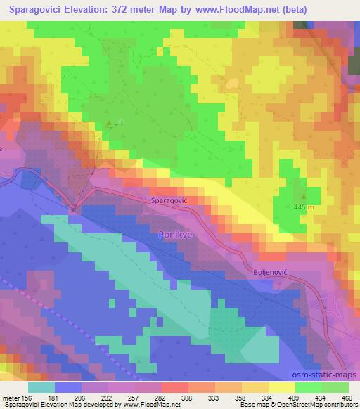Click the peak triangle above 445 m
[x=304, y=197]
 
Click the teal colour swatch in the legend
[x=41, y=387]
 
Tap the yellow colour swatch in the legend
[x=282, y=387]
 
